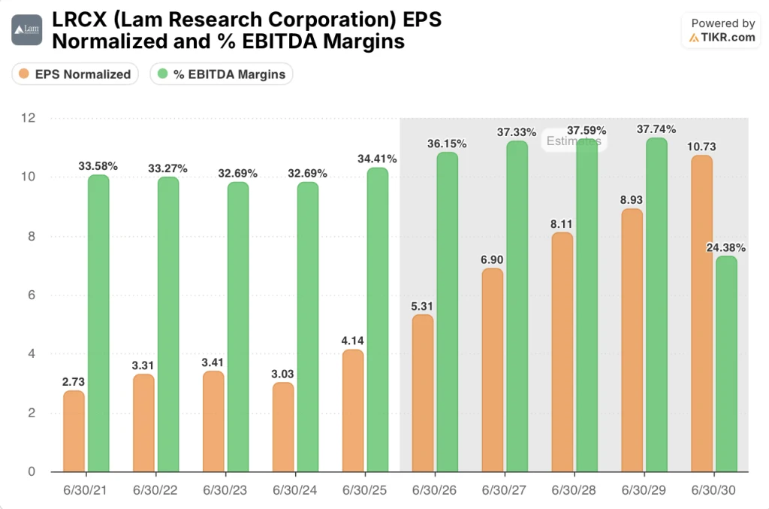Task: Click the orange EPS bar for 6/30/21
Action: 74,432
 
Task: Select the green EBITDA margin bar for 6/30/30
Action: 725,364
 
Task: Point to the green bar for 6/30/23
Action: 238,327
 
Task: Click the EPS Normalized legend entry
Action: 75,74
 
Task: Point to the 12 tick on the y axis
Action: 29,118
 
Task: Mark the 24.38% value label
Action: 725,247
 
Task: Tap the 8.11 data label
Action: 562,223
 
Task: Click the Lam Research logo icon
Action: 26,30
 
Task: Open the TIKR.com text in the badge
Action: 728,37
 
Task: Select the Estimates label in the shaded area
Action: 573,141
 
